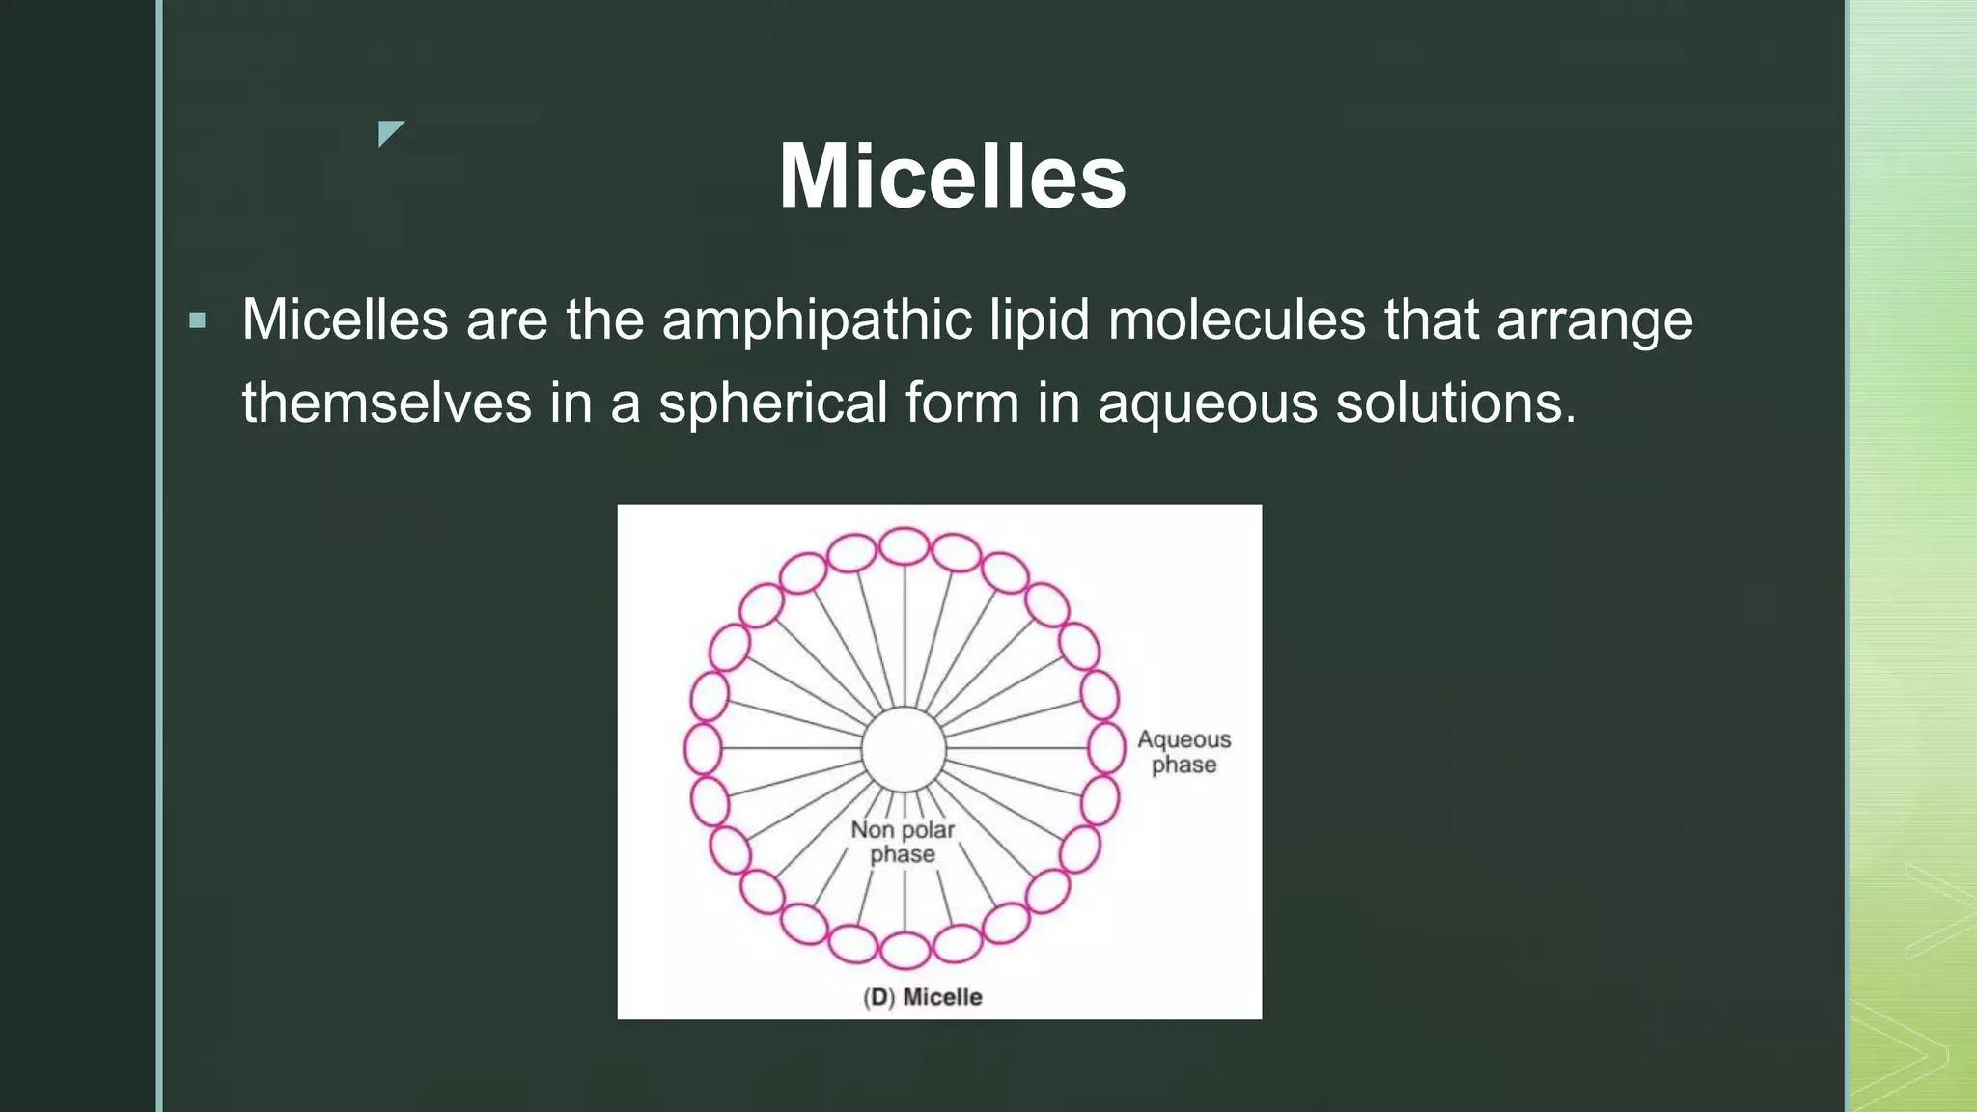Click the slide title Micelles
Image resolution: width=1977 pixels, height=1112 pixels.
pyautogui.click(x=952, y=177)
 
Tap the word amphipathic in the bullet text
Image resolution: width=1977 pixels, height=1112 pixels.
pyautogui.click(x=816, y=320)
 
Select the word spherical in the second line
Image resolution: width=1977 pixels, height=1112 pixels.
pyautogui.click(x=772, y=403)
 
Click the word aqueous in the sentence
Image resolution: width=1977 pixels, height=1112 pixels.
pyautogui.click(x=1207, y=404)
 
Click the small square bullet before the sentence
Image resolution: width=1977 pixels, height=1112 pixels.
pyautogui.click(x=198, y=320)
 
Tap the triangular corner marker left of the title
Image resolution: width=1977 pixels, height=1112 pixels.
pyautogui.click(x=389, y=132)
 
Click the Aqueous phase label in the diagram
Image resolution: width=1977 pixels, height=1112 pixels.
pyautogui.click(x=1183, y=752)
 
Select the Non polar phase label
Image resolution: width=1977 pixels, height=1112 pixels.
pyautogui.click(x=903, y=842)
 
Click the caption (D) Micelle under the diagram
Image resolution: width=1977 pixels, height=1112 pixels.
pyautogui.click(x=923, y=997)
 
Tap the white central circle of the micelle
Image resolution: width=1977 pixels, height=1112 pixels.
pyautogui.click(x=904, y=749)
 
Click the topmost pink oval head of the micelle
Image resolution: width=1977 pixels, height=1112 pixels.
pyautogui.click(x=905, y=546)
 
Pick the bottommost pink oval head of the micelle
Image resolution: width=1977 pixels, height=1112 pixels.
pyautogui.click(x=905, y=951)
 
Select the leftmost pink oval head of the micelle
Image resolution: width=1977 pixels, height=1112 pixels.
pyautogui.click(x=703, y=748)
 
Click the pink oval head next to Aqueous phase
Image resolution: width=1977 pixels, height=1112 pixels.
pyautogui.click(x=1106, y=748)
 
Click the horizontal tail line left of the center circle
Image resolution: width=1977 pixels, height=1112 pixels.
pyautogui.click(x=792, y=748)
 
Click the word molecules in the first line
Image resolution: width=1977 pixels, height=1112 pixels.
pyautogui.click(x=1237, y=320)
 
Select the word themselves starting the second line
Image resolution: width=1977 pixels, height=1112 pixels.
pyautogui.click(x=386, y=403)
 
